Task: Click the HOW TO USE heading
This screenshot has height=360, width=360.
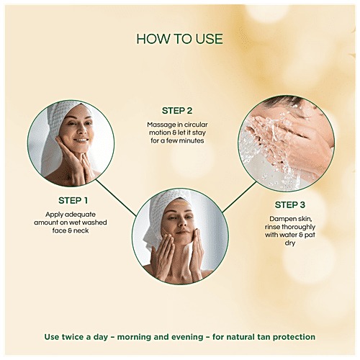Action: pos(179,39)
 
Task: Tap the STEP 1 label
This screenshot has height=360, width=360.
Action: pos(73,200)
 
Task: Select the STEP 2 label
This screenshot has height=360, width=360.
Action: pos(178,111)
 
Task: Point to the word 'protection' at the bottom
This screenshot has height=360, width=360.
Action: pos(297,336)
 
